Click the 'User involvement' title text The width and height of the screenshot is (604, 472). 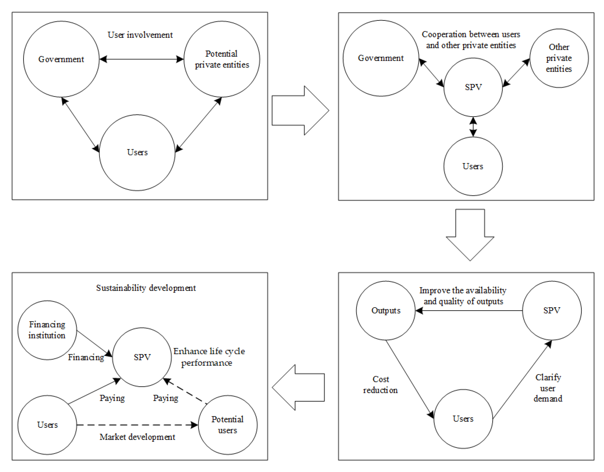point(140,35)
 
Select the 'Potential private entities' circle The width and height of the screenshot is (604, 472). point(222,59)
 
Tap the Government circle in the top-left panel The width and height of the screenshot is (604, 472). point(61,59)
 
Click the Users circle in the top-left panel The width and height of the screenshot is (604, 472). point(137,152)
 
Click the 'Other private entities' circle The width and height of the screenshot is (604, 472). point(559,58)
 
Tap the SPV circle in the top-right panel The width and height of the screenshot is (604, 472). point(473,87)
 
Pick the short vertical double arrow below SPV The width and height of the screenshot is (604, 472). point(473,127)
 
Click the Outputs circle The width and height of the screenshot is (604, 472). point(386,311)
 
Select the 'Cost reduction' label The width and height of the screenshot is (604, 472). point(381,384)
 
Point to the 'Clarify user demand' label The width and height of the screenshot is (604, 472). point(548,388)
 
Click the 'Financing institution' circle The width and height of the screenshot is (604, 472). point(47,330)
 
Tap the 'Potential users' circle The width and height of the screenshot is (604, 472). point(228,425)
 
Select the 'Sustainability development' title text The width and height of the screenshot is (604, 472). point(146,288)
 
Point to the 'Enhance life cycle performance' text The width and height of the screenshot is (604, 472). point(209,357)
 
